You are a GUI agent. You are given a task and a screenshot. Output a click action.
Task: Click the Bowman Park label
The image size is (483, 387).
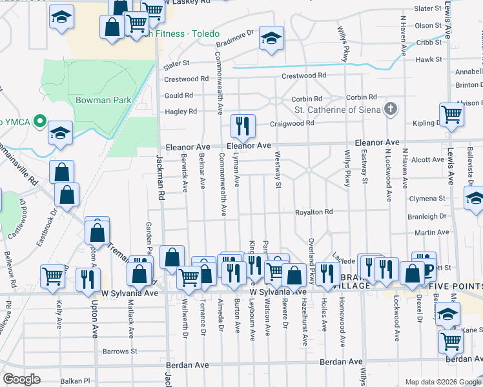[x=103, y=100]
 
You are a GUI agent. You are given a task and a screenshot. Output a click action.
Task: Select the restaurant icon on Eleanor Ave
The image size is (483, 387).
[x=243, y=126]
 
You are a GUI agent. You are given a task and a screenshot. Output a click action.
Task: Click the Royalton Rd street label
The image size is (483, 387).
[x=314, y=212]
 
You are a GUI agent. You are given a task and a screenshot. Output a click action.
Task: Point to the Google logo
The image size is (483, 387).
[x=21, y=379]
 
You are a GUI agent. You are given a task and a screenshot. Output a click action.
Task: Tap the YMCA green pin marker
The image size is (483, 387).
[x=39, y=121]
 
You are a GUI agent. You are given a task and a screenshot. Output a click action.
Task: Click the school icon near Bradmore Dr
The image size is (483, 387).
[x=271, y=38]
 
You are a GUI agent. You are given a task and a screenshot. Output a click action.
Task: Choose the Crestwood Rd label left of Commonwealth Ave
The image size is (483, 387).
[x=187, y=79]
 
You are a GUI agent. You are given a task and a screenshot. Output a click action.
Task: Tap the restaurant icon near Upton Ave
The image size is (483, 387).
[x=87, y=279]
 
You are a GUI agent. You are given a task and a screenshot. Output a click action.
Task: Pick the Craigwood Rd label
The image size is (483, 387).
[x=292, y=123]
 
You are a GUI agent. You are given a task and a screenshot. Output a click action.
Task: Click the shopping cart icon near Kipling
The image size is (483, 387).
[x=452, y=114]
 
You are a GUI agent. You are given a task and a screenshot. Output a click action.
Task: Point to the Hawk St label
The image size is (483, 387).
[x=429, y=59]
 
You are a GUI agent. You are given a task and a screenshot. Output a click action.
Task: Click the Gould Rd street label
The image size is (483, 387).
[x=180, y=95]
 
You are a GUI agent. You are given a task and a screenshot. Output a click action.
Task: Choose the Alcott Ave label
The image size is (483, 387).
[x=428, y=159]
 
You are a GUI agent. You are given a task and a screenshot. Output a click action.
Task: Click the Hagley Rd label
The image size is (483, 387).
[x=181, y=112]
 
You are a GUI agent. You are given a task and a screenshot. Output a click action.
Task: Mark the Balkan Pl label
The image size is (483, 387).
[x=74, y=381]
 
